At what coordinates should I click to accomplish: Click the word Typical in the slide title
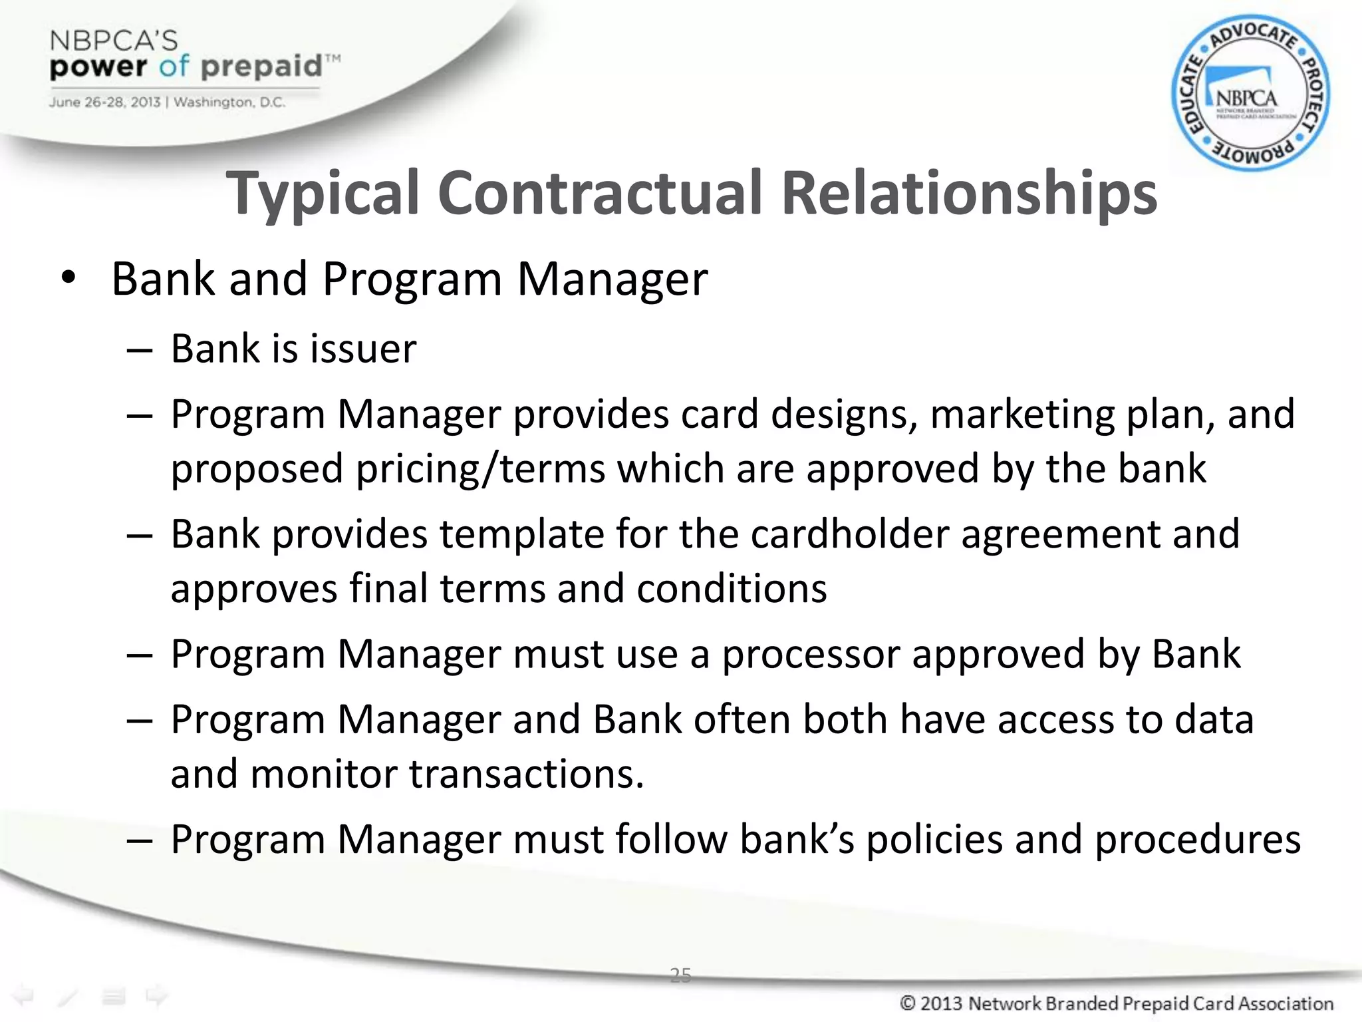pyautogui.click(x=323, y=194)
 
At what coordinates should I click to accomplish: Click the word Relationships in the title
pyautogui.click(x=969, y=194)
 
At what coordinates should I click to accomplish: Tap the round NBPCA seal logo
pyautogui.click(x=1250, y=94)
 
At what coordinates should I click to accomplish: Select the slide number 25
pyautogui.click(x=680, y=975)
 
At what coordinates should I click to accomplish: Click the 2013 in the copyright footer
pyautogui.click(x=941, y=1003)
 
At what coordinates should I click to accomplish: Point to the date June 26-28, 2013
pyautogui.click(x=104, y=102)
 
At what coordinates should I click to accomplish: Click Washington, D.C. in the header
pyautogui.click(x=229, y=102)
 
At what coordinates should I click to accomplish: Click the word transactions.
pyautogui.click(x=526, y=774)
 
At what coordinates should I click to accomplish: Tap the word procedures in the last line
pyautogui.click(x=1197, y=839)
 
